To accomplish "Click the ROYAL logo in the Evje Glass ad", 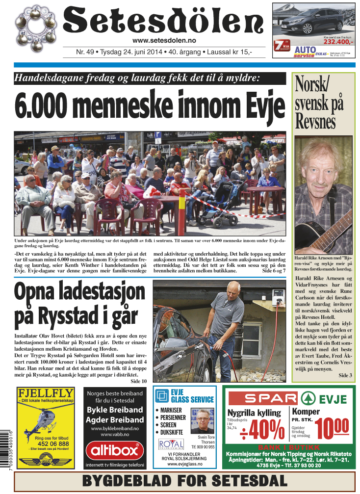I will point(171,444).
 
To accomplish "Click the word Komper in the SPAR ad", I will point(306,412).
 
